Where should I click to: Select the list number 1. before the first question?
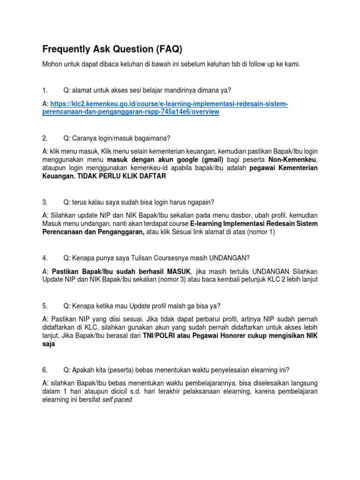[45, 89]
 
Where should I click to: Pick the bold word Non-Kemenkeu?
[294, 159]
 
